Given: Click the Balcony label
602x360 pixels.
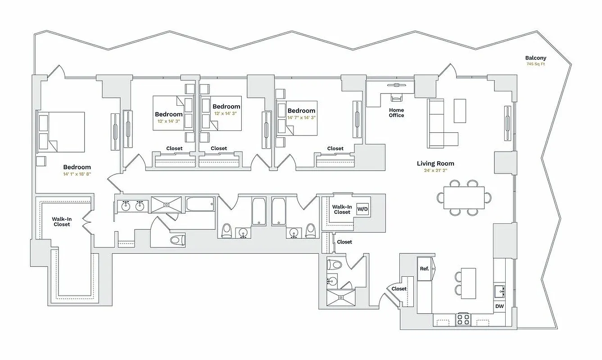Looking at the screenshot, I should pyautogui.click(x=535, y=58).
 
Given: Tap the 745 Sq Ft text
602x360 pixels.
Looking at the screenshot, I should pyautogui.click(x=535, y=64).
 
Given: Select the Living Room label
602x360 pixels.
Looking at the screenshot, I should pyautogui.click(x=435, y=164).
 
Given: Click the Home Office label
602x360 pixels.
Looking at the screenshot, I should pyautogui.click(x=396, y=112).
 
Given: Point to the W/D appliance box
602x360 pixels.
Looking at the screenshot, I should pyautogui.click(x=363, y=209).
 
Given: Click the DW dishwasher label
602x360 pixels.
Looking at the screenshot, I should pyautogui.click(x=499, y=306).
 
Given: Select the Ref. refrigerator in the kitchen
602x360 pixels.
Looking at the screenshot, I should pyautogui.click(x=425, y=269).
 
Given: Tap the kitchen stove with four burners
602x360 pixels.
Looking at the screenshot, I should pyautogui.click(x=464, y=319).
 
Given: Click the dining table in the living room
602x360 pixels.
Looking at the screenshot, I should pyautogui.click(x=464, y=198).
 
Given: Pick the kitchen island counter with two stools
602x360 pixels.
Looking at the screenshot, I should pyautogui.click(x=468, y=283).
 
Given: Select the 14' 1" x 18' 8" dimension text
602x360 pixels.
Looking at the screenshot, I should pyautogui.click(x=77, y=174).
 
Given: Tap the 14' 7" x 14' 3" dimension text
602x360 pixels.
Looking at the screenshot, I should pyautogui.click(x=301, y=117).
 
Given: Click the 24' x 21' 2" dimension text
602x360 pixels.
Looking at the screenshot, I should pyautogui.click(x=435, y=171).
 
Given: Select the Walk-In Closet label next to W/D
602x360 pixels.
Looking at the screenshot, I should pyautogui.click(x=342, y=209).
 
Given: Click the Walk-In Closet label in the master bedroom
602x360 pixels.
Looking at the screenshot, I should pyautogui.click(x=62, y=221).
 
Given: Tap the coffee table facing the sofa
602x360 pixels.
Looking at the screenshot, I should pyautogui.click(x=460, y=111).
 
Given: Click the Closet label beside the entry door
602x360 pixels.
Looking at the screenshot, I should pyautogui.click(x=399, y=289).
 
